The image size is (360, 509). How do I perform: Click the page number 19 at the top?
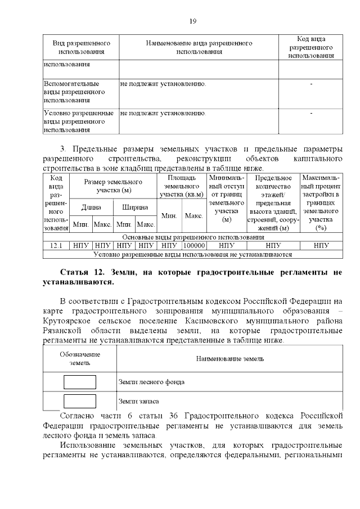192,21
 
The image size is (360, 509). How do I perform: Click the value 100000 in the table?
194,246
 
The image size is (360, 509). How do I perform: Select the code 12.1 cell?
56,246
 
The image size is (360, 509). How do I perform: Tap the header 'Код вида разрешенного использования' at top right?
310,48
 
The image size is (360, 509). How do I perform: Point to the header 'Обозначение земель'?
80,359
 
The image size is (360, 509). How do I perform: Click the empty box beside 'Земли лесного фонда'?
80,382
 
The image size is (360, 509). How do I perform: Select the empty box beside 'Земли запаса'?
80,401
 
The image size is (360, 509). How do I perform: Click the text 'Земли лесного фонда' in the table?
152,382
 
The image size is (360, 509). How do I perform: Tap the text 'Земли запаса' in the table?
138,402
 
